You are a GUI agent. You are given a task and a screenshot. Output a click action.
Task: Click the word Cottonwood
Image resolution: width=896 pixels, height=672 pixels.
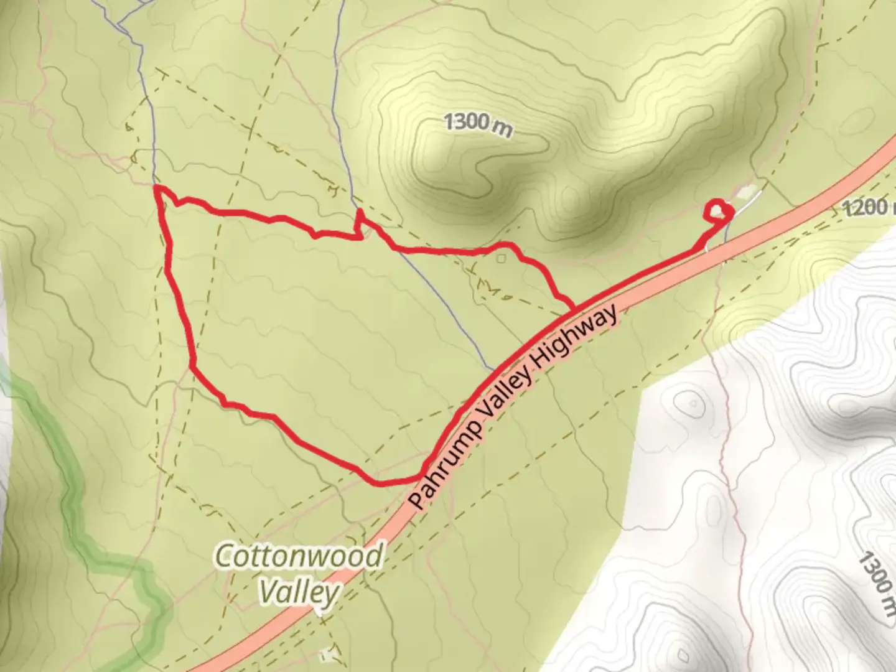(298, 556)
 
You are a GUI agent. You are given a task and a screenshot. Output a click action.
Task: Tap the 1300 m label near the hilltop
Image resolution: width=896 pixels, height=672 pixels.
(478, 124)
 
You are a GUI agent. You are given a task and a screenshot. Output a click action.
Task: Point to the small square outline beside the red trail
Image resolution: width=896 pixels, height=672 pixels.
(502, 257)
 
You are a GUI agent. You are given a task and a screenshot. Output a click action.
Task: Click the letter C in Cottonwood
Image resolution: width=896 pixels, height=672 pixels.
(223, 556)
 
